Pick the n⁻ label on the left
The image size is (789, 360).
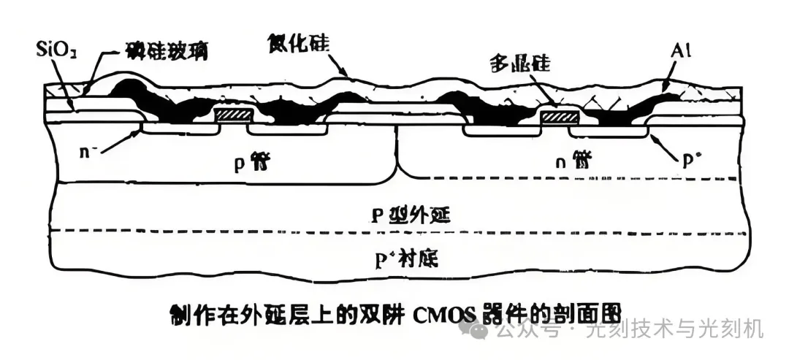pyautogui.click(x=91, y=153)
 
